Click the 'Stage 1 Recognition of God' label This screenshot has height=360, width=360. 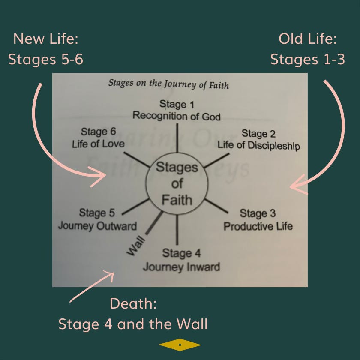coord(176,110)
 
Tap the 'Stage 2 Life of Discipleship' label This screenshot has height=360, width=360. coord(258,139)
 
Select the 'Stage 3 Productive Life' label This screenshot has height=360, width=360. coord(258,219)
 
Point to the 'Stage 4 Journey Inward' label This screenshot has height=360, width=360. coord(181,260)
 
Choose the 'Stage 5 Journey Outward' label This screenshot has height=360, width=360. coord(97,219)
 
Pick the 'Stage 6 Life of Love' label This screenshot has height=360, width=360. coord(98,137)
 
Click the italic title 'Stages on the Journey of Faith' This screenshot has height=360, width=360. coord(168,84)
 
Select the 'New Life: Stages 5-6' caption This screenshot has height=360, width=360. coord(46,49)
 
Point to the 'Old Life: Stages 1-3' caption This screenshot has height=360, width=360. coord(307,49)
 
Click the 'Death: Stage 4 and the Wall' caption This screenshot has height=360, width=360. coord(133,314)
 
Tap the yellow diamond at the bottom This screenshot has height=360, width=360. coord(180,344)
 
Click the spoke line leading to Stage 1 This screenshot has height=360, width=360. coord(177,137)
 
